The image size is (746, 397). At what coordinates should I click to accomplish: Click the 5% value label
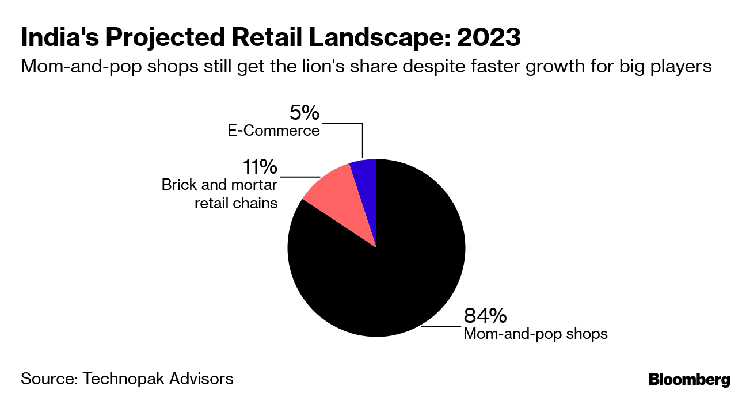pos(305,112)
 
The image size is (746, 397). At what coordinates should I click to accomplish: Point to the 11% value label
pos(260,167)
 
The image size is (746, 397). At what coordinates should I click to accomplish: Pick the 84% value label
pos(485,315)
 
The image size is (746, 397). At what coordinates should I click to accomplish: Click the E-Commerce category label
pos(273,131)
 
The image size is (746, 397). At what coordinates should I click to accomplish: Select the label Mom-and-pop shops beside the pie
pos(535,333)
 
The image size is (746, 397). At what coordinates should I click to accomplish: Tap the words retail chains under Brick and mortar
pos(236,203)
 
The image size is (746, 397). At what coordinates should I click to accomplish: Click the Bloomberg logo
pos(689,380)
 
